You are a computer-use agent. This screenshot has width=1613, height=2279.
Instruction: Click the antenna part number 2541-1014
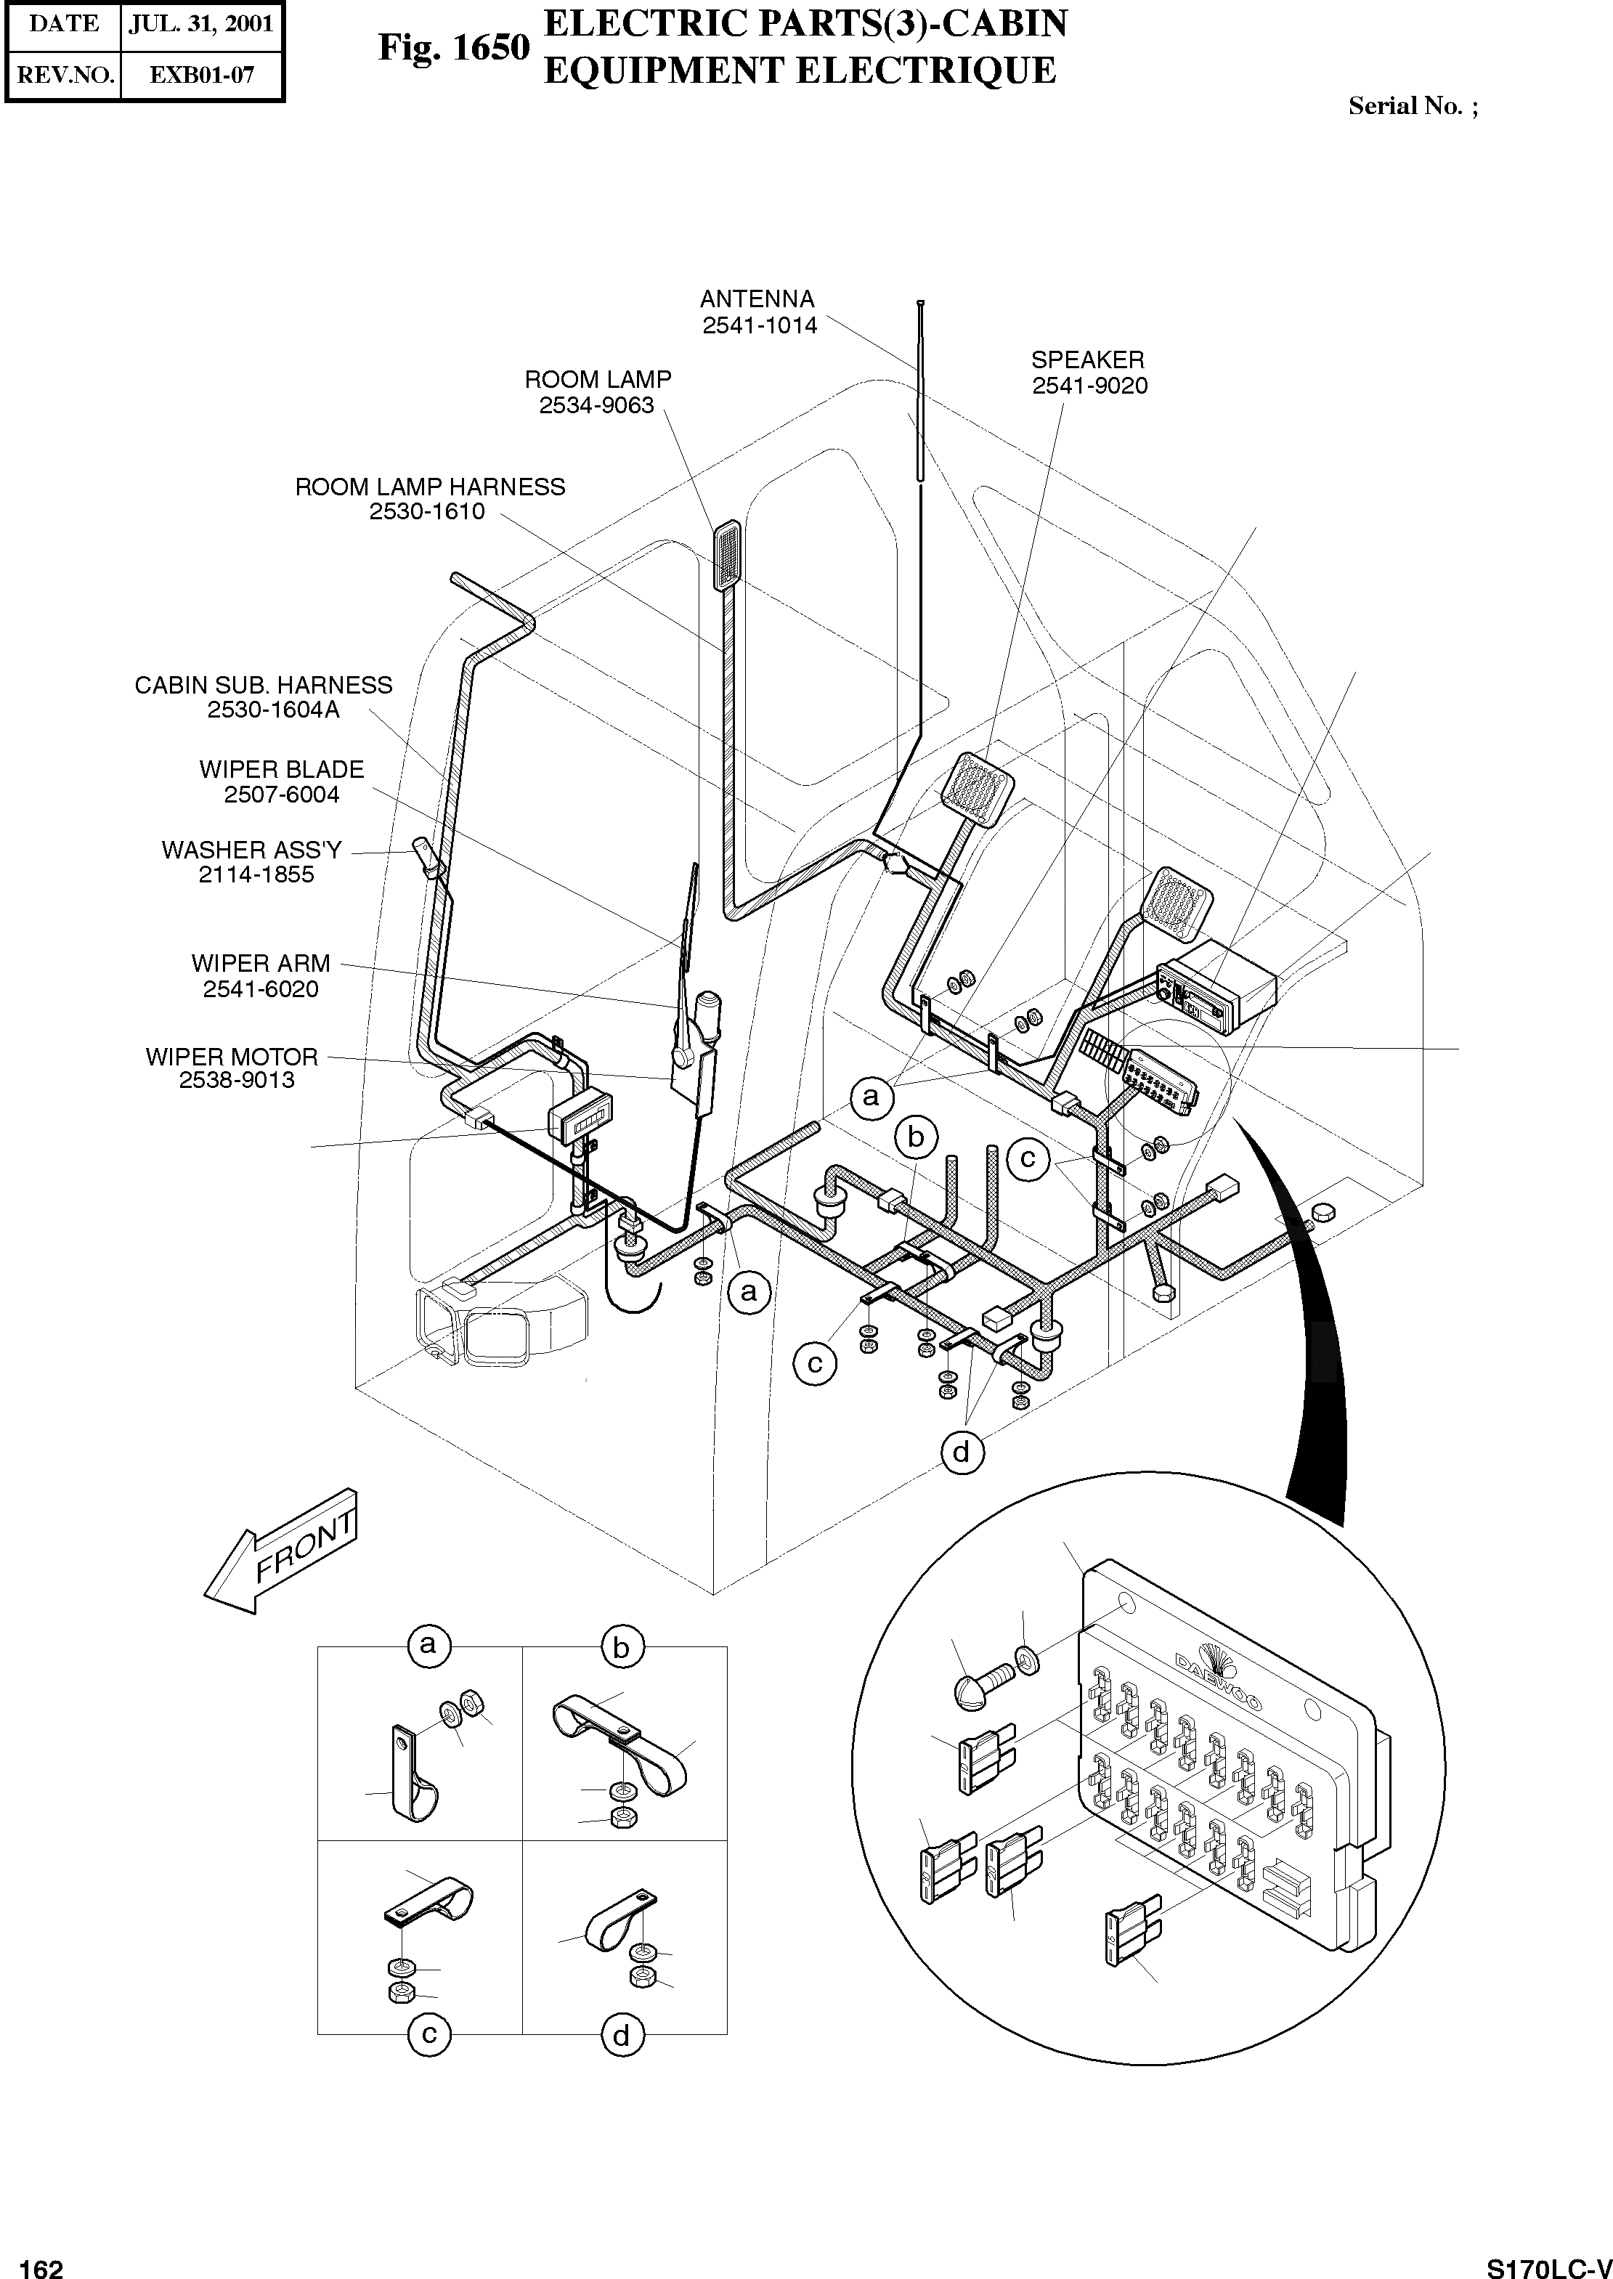pyautogui.click(x=760, y=325)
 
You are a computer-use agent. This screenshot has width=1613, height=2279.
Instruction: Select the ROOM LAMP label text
pyautogui.click(x=598, y=379)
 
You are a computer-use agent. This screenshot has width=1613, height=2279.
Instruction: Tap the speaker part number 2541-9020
pyautogui.click(x=1089, y=386)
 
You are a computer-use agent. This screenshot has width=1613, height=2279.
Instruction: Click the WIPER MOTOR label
pyautogui.click(x=232, y=1057)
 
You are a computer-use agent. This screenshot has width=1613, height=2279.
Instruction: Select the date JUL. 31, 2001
pyautogui.click(x=200, y=24)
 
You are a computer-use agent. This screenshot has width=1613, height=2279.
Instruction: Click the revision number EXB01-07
pyautogui.click(x=202, y=75)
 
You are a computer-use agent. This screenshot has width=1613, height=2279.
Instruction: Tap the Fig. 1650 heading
pyautogui.click(x=454, y=48)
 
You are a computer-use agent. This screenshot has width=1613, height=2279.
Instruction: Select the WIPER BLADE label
pyautogui.click(x=282, y=770)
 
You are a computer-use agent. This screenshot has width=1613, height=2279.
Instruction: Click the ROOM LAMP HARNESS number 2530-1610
pyautogui.click(x=427, y=511)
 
